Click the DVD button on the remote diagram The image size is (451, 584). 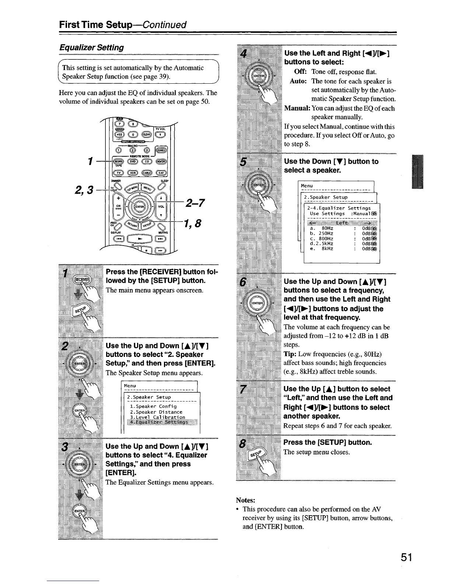[x=132, y=161]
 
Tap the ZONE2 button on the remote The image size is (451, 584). [x=161, y=150]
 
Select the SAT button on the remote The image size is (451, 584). [x=161, y=173]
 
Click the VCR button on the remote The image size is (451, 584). [x=132, y=173]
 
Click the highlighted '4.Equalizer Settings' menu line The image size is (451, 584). [x=157, y=422]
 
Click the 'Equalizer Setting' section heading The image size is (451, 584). [x=91, y=48]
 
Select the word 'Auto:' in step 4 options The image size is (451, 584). [x=299, y=81]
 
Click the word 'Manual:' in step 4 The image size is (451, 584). [x=297, y=108]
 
